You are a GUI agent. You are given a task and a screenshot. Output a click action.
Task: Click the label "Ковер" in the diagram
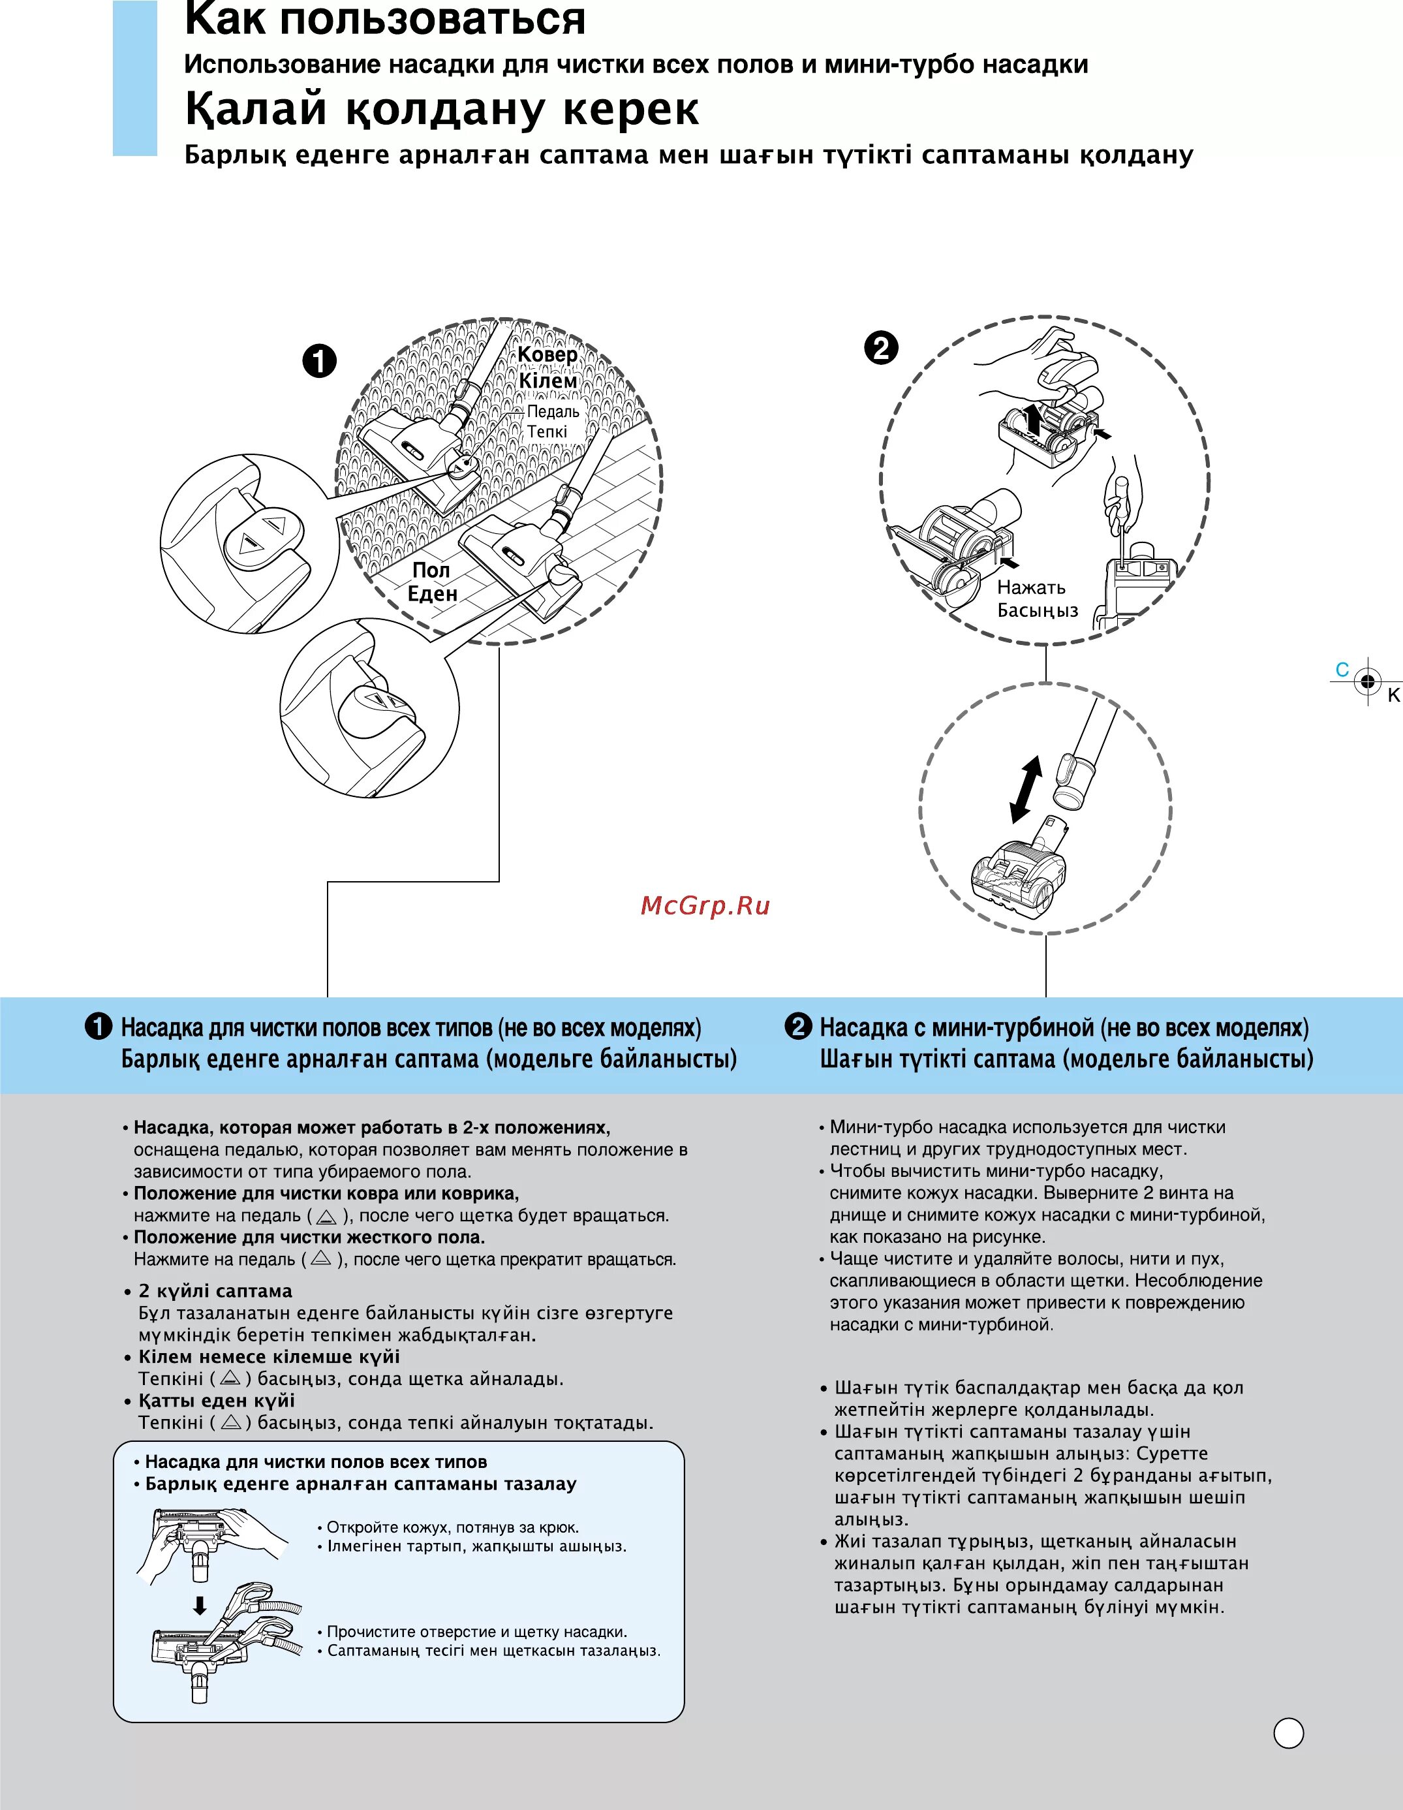(547, 354)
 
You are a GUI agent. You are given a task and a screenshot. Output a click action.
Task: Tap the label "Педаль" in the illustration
(553, 412)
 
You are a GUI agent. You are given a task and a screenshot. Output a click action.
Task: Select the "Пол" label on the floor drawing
(431, 570)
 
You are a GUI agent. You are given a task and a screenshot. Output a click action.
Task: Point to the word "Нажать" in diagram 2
(1031, 587)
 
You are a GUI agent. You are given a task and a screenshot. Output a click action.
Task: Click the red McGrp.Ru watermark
(705, 906)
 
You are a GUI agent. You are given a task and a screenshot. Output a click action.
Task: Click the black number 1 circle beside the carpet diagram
(320, 362)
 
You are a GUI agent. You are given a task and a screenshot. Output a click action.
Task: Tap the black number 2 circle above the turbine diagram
(881, 347)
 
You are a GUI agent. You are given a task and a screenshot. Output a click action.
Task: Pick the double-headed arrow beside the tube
(1026, 789)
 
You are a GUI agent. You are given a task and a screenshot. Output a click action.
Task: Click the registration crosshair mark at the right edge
(1366, 681)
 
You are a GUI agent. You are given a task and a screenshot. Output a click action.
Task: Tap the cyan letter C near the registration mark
(1342, 670)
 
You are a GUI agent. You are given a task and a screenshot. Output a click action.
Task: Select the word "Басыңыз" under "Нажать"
(1038, 611)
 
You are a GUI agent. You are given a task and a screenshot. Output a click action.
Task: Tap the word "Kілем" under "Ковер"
(547, 381)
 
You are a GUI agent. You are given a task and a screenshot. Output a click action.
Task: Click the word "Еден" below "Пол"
(432, 594)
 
